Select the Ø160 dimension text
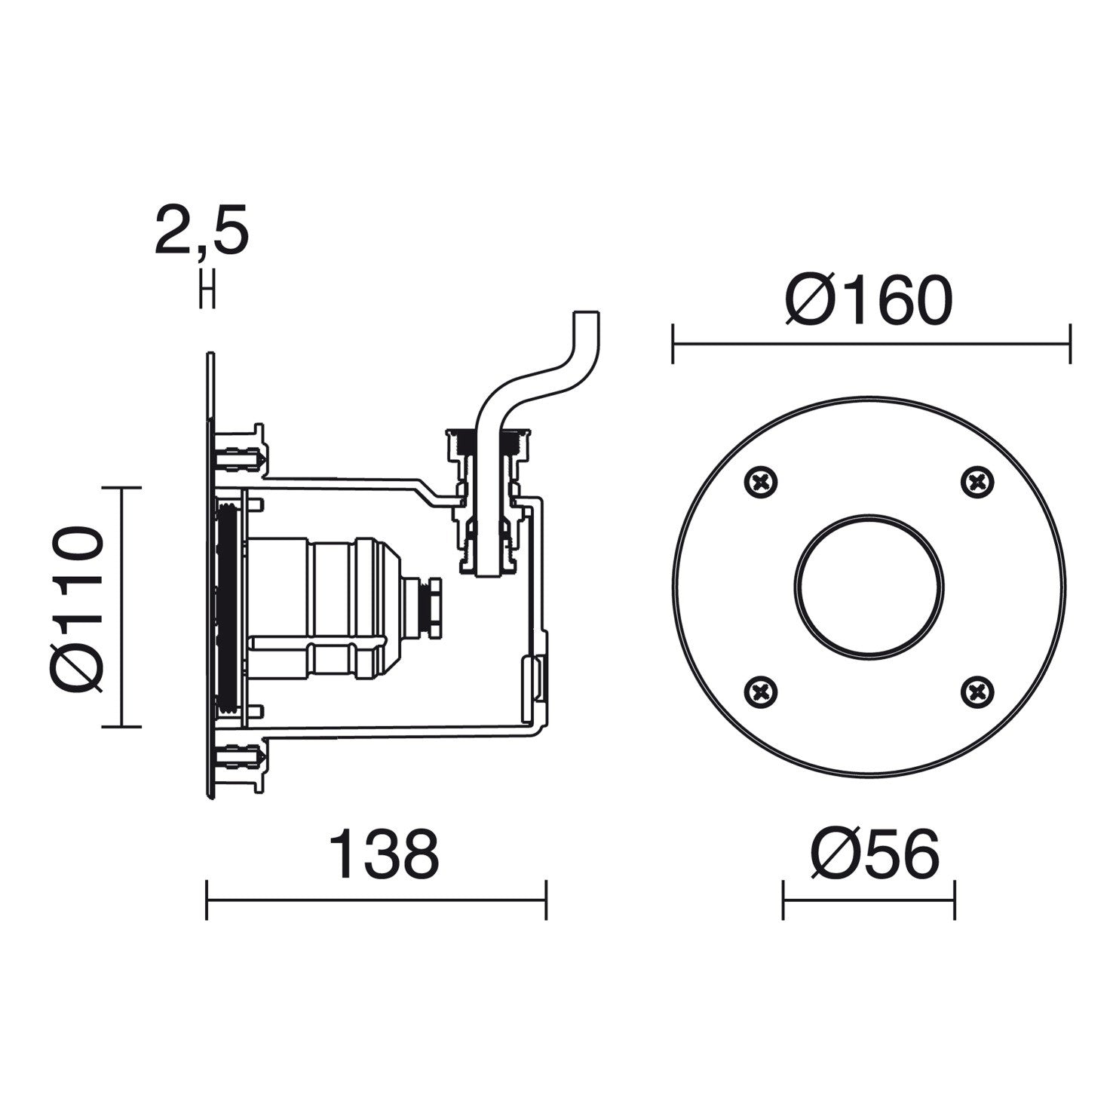[869, 300]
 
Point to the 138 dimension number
[384, 854]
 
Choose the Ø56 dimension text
[875, 854]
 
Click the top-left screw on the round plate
[762, 481]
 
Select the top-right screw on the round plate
[978, 481]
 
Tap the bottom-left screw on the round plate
[762, 690]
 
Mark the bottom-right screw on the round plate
[978, 690]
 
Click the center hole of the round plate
[869, 586]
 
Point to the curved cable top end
[588, 317]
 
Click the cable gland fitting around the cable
[489, 501]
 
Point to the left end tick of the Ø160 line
[673, 344]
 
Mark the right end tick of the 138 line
[545, 899]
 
